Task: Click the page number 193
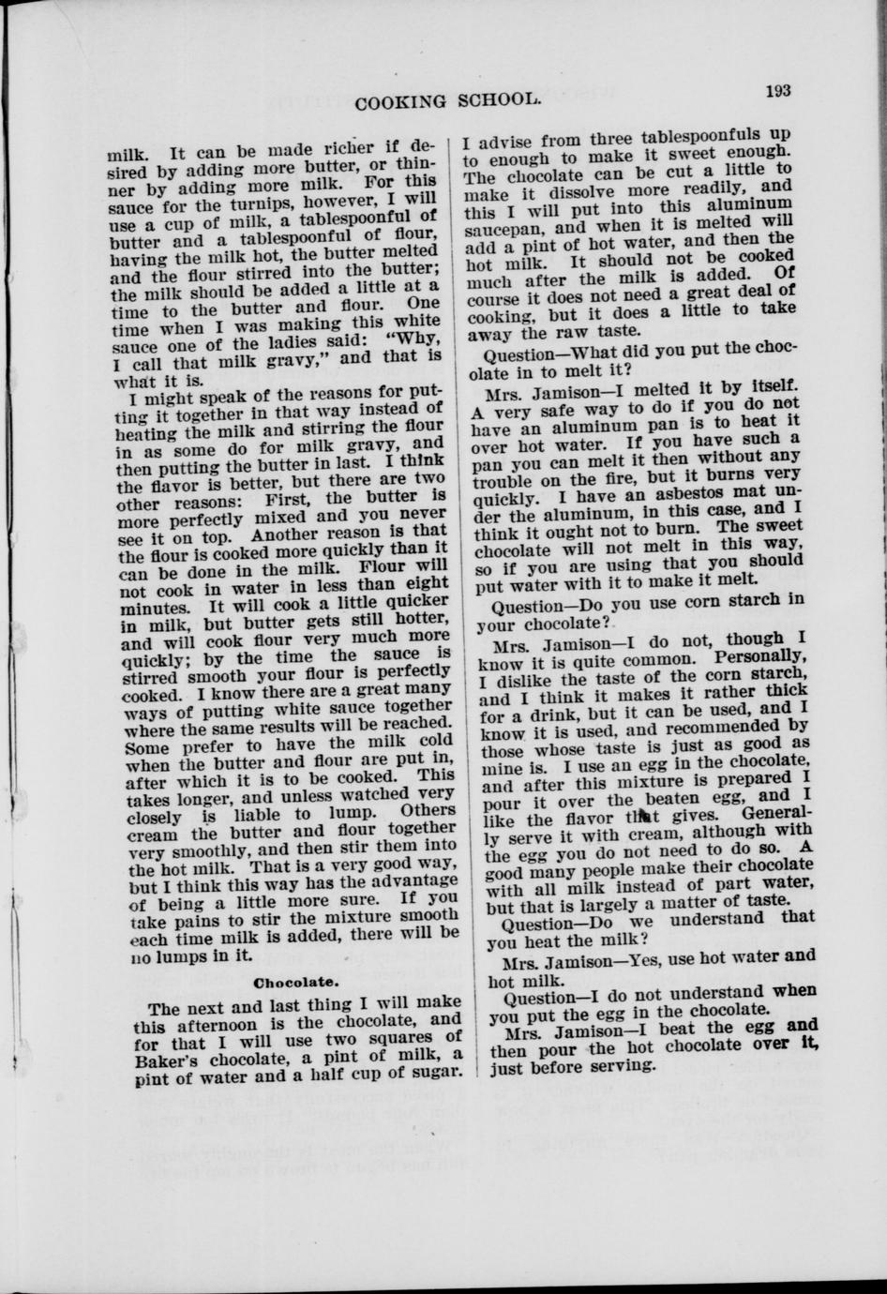(x=777, y=91)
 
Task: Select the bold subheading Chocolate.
(x=295, y=982)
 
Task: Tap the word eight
(x=427, y=583)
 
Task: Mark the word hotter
(x=411, y=620)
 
